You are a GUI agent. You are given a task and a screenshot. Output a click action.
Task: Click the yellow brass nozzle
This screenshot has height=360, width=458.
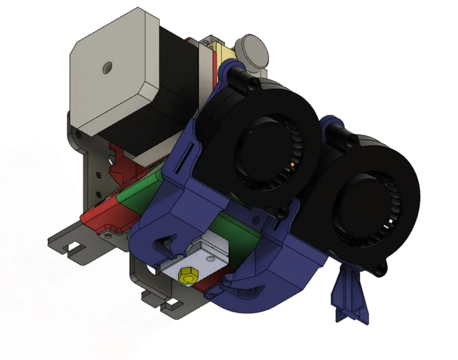(186, 276)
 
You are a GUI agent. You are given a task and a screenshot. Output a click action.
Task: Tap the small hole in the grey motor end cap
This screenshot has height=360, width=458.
(108, 68)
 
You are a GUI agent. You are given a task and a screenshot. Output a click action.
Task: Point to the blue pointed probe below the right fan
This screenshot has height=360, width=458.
(349, 296)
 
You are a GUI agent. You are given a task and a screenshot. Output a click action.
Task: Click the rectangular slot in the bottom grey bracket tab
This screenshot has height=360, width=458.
(171, 302)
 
